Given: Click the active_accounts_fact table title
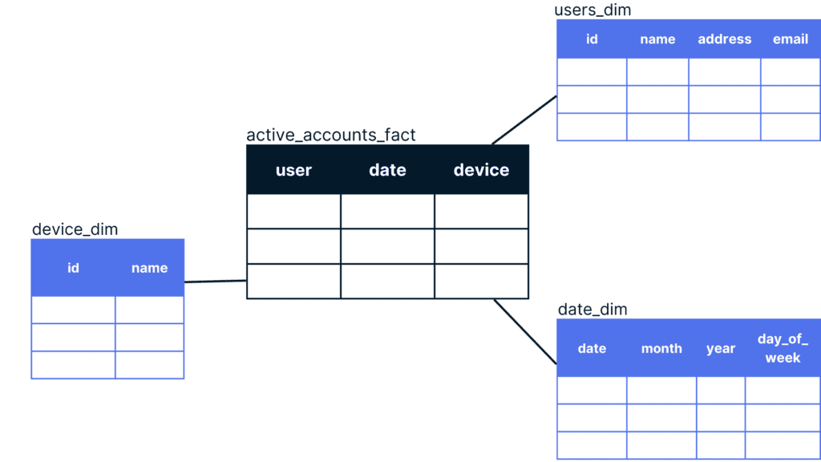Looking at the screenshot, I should tap(331, 135).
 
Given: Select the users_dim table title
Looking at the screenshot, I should tap(592, 10).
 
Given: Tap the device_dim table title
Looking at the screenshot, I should tap(75, 229).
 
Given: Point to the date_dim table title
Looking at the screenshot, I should tap(592, 310).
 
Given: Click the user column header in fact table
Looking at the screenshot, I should tap(293, 170).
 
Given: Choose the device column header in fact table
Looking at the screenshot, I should tap(481, 170).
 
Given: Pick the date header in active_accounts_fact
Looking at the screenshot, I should tap(387, 170).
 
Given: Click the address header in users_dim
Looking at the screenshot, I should tap(724, 39).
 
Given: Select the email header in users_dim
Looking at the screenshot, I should tap(790, 39).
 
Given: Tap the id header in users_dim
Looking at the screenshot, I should tap(592, 39).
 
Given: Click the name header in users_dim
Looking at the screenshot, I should tap(657, 39).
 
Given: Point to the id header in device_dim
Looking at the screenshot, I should tap(73, 268).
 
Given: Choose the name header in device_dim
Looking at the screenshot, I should tap(149, 268).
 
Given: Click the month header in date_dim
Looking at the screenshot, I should tap(661, 349).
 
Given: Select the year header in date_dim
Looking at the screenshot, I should tap(720, 349).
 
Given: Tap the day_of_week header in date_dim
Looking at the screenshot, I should tap(783, 349).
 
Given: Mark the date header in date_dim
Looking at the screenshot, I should tap(592, 349).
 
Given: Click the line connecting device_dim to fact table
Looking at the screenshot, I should tap(215, 282).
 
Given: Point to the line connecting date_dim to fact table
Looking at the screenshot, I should tap(524, 331).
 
